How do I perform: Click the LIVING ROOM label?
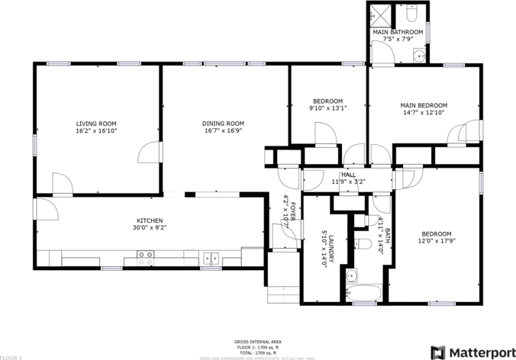96,124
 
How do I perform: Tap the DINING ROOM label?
223,124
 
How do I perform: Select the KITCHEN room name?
150,220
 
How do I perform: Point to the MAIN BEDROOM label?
424,105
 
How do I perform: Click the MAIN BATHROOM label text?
397,32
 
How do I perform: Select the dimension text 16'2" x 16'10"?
96,130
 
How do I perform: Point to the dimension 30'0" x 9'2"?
150,227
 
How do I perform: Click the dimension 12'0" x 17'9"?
437,240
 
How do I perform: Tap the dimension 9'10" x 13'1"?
328,108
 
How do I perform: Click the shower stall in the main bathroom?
379,15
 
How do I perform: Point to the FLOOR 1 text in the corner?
11,357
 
